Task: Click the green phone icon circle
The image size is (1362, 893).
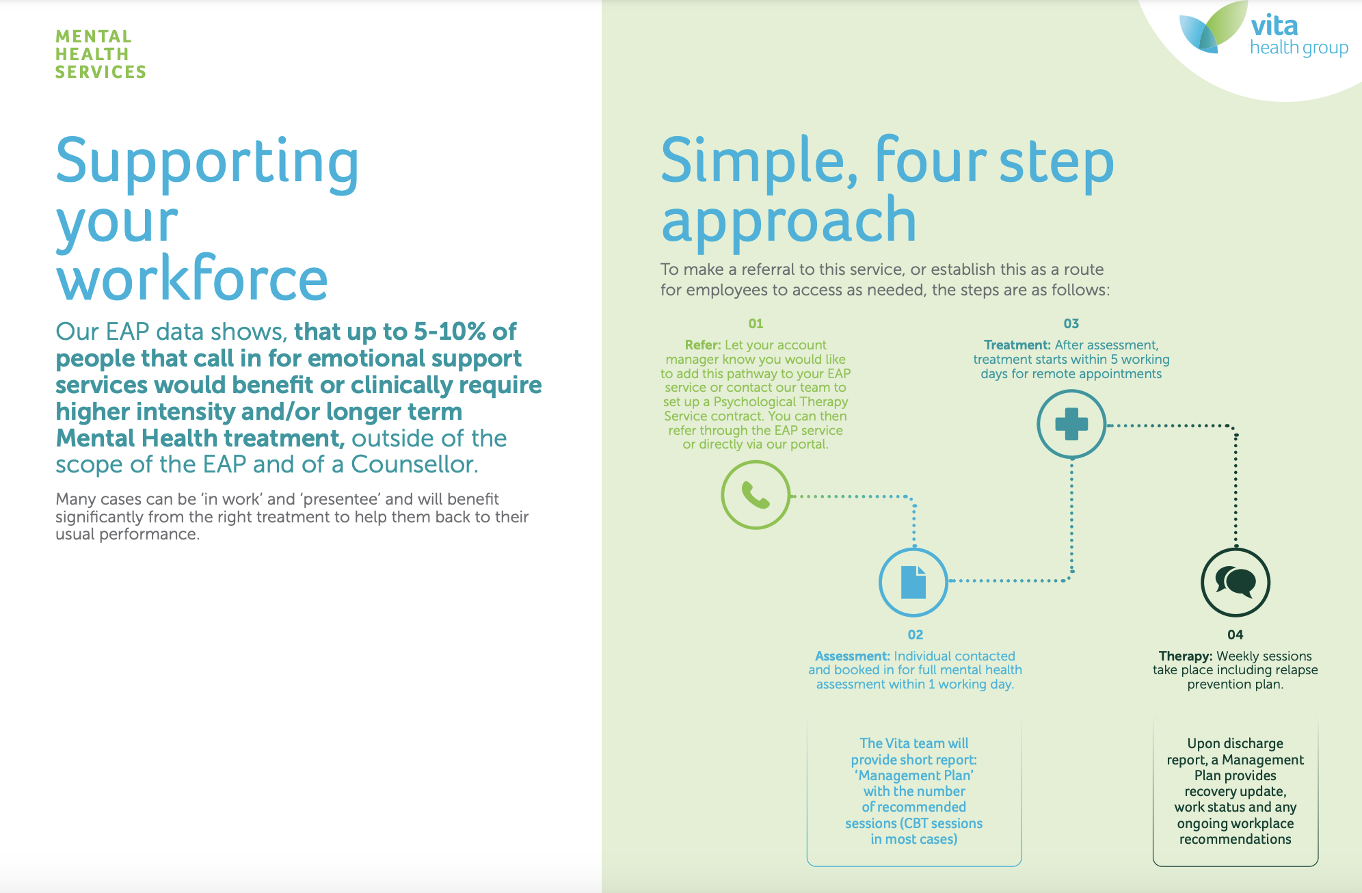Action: [756, 495]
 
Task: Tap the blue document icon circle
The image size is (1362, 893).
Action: [913, 583]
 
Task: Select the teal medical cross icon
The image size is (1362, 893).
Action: [1071, 424]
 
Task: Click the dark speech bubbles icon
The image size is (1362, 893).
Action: [1236, 583]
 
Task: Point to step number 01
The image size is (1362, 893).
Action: [756, 323]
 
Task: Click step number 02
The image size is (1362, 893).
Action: [916, 635]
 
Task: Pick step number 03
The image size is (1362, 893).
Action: [1071, 323]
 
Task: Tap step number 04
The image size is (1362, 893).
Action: [1236, 635]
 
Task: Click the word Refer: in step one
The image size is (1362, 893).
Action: [703, 345]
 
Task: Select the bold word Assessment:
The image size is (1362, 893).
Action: [853, 656]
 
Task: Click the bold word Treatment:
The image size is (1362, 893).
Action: [1017, 345]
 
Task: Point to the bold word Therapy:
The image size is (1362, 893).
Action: [1186, 656]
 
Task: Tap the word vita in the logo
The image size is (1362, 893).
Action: [1274, 26]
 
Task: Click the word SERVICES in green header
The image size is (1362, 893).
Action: [101, 72]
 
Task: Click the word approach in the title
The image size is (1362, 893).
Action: [789, 222]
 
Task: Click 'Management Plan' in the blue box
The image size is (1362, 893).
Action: [914, 775]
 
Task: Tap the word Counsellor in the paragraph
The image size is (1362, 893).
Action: [414, 464]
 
